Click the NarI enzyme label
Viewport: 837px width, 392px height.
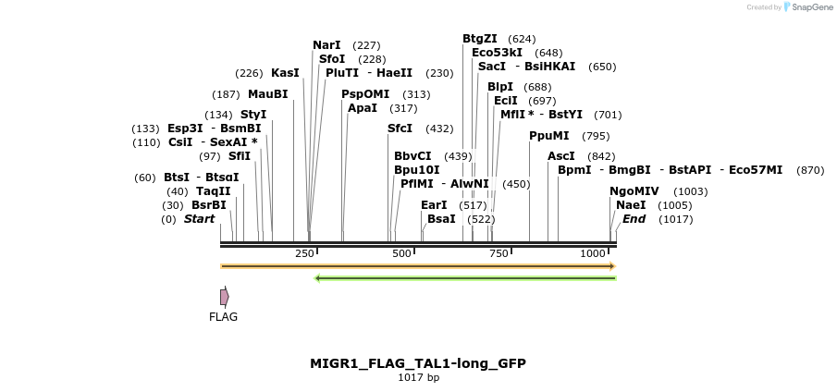tap(326, 44)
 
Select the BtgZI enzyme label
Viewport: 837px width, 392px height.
tap(480, 38)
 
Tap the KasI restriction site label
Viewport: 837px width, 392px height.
tap(285, 72)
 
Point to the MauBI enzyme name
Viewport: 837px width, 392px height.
tap(267, 93)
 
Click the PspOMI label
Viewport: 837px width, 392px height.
tap(365, 93)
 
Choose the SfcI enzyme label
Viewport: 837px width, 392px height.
tap(400, 128)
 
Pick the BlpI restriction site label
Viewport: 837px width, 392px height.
tap(500, 86)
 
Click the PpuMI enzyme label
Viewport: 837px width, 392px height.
tap(549, 135)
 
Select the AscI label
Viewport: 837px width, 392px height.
tap(561, 155)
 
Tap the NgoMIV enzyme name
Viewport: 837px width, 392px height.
tap(634, 190)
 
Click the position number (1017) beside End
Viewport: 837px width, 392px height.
tap(676, 219)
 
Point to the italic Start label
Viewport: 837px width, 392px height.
tap(199, 219)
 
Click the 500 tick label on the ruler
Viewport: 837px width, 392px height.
tap(401, 253)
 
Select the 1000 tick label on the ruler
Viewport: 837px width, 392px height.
tap(593, 253)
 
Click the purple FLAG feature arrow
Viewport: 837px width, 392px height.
tap(224, 297)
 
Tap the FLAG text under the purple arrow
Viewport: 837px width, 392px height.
tap(223, 316)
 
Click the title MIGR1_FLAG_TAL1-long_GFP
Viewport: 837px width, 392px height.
tap(418, 363)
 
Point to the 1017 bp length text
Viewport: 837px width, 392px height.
tap(418, 377)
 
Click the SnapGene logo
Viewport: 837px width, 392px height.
tap(808, 7)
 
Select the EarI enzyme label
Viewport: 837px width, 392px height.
tap(434, 204)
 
